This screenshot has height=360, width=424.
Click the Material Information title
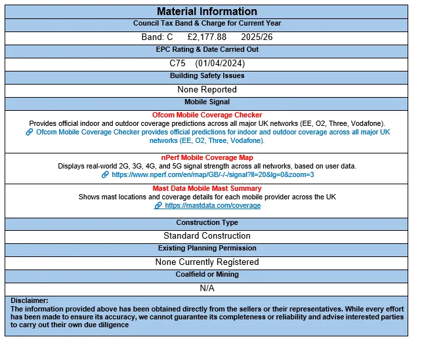coord(207,11)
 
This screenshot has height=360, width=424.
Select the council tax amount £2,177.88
coord(207,37)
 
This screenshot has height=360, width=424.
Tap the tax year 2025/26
coord(257,37)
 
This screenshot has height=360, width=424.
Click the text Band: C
coord(157,37)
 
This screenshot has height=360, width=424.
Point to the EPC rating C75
coord(179,63)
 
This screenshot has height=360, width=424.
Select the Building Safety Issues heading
coord(207,76)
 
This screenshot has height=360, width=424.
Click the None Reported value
coord(207,89)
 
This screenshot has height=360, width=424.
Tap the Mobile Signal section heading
coord(207,102)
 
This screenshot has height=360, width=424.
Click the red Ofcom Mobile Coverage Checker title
coord(207,115)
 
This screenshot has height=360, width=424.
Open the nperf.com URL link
coord(213,175)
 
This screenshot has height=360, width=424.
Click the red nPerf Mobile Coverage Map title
coord(207,157)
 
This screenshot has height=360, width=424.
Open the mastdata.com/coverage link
coord(213,205)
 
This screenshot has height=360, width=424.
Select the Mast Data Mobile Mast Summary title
coord(207,188)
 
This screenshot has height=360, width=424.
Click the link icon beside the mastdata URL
coord(158,205)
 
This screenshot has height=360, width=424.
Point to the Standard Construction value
coord(207,235)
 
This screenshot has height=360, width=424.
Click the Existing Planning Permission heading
coord(207,249)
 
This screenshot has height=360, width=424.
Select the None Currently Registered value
coord(207,262)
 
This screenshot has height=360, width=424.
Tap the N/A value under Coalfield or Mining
coord(207,288)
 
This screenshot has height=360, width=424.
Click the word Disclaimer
coord(29,300)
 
